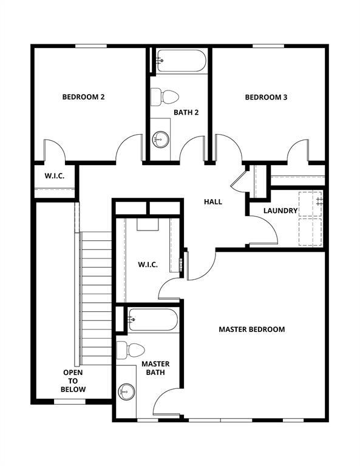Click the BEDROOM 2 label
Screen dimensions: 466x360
point(84,96)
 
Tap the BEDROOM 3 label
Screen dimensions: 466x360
point(266,97)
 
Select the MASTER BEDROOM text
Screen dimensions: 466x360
point(251,329)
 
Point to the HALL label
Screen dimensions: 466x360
point(212,201)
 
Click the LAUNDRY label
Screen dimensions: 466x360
point(280,211)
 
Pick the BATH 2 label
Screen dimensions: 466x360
point(186,112)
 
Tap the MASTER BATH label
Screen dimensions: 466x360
point(155,368)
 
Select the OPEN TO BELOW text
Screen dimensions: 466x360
point(73,381)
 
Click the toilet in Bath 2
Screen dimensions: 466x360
point(165,96)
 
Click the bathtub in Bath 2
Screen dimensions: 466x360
point(181,61)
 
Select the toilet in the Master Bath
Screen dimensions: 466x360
point(131,350)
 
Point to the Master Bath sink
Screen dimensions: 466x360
point(126,391)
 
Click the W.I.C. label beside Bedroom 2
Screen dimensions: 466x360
point(54,177)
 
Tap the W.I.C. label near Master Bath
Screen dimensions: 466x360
point(148,265)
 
